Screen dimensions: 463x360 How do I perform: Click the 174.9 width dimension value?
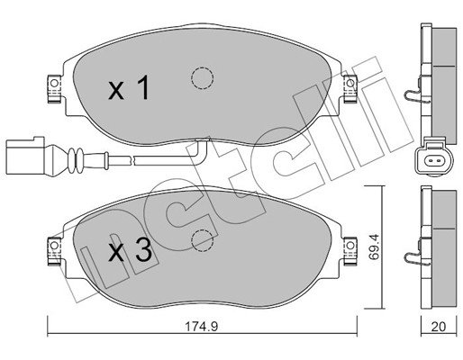pyautogui.click(x=201, y=327)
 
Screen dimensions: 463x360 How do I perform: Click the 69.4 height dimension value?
pyautogui.click(x=374, y=247)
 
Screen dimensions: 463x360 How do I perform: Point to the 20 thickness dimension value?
pyautogui.click(x=439, y=327)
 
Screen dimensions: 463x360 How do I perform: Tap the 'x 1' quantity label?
pyautogui.click(x=129, y=87)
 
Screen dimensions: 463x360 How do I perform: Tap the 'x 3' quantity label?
pyautogui.click(x=130, y=250)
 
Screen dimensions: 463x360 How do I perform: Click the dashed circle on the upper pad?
pyautogui.click(x=202, y=78)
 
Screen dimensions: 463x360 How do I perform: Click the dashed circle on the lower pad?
pyautogui.click(x=202, y=241)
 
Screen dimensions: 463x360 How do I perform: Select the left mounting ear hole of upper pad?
pyautogui.click(x=54, y=83)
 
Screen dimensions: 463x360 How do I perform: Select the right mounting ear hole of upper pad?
pyautogui.click(x=350, y=83)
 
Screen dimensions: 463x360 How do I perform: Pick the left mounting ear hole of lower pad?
pyautogui.click(x=54, y=246)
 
